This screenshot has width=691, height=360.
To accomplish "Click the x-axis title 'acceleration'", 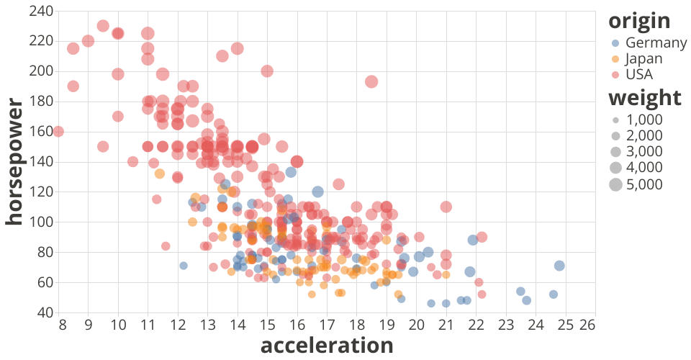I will point(326,346).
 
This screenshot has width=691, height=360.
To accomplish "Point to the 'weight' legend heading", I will point(644,98).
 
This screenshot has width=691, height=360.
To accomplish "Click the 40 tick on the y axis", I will point(45,312).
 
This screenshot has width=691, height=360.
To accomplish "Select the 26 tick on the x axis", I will point(587,325).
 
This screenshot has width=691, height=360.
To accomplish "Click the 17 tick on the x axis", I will point(327,325).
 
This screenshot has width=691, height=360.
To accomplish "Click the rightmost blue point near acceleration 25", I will point(559,266).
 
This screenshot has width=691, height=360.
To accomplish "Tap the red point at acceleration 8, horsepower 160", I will point(59,132).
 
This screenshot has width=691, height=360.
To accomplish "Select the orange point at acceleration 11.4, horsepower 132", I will point(160,174).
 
